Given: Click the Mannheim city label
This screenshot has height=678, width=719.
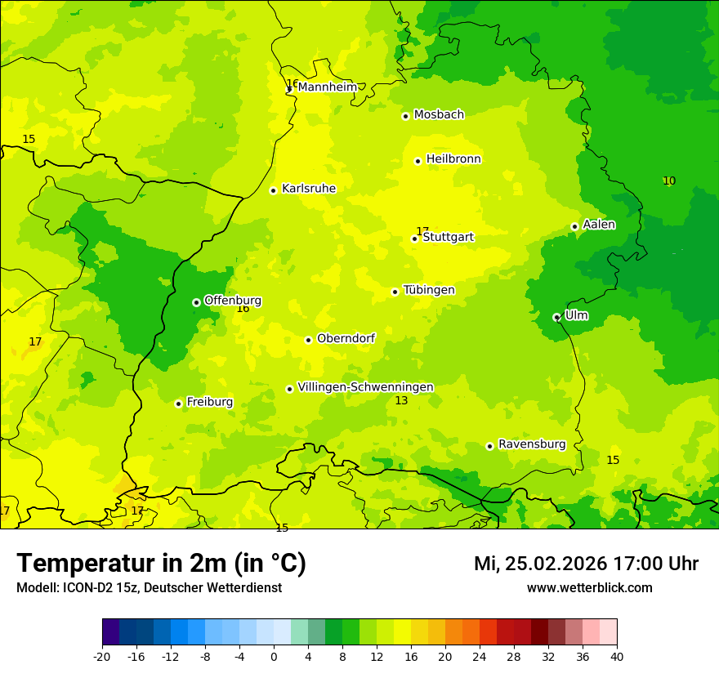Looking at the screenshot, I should tap(327, 87).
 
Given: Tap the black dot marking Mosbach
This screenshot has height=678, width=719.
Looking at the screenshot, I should tap(405, 116).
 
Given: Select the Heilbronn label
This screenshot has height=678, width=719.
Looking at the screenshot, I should tap(453, 159).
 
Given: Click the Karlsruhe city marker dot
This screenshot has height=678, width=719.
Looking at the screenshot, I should tap(273, 190).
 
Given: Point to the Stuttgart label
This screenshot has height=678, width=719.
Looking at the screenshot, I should tap(448, 238).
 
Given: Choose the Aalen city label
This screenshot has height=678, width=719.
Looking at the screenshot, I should tap(599, 225).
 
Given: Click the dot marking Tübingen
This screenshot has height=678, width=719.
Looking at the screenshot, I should tap(395, 292).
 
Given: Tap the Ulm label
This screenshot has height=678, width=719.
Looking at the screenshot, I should tap(576, 315).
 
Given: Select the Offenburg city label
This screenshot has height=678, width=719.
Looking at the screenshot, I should tap(233, 301).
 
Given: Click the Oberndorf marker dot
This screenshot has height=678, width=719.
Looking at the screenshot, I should tap(308, 340).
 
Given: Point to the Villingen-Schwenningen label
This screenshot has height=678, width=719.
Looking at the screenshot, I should tap(365, 387).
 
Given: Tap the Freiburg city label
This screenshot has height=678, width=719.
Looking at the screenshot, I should tap(209, 402).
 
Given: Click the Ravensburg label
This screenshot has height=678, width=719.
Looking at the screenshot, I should tap(532, 444).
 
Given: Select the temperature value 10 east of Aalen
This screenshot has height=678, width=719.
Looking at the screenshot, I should tap(669, 181).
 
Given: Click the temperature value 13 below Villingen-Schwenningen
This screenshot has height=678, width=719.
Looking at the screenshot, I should tap(401, 401).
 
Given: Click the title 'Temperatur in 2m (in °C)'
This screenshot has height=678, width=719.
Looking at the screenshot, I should tap(161, 564).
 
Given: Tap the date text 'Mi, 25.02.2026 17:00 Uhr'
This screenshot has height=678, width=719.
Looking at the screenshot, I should tap(586, 564).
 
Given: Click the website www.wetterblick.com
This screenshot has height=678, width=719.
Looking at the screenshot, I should tap(589, 588).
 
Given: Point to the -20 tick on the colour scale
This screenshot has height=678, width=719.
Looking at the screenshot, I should tap(102, 656).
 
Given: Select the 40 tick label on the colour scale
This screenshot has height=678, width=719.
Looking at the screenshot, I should tap(617, 656).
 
